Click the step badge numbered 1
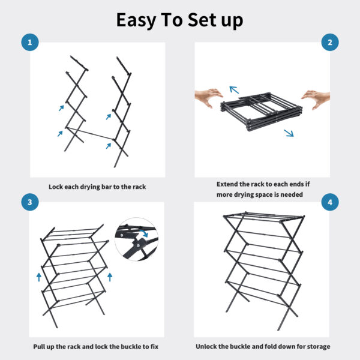pyautogui.click(x=29, y=43)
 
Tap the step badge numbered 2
pyautogui.click(x=329, y=43)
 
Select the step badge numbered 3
pyautogui.click(x=29, y=203)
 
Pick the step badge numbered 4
pyautogui.click(x=329, y=203)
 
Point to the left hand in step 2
pyautogui.click(x=208, y=96)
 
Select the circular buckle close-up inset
pyautogui.click(x=136, y=239)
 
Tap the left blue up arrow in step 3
pyautogui.click(x=39, y=277)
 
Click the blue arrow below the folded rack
pyautogui.click(x=289, y=133)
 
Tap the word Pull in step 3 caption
pyautogui.click(x=41, y=346)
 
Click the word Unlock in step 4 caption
pyautogui.click(x=208, y=346)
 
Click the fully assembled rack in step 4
pyautogui.click(x=262, y=270)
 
